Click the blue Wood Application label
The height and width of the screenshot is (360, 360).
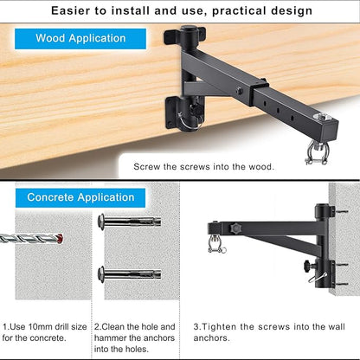(x=80, y=39)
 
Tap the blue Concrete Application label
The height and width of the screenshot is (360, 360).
(x=80, y=198)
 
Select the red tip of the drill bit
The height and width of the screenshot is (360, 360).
(x=60, y=239)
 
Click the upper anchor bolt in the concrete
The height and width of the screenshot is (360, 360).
(x=130, y=222)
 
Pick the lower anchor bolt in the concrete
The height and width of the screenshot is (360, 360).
(x=130, y=273)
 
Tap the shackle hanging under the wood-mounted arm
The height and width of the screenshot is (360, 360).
(x=317, y=153)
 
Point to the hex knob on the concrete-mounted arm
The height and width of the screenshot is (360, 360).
(x=235, y=228)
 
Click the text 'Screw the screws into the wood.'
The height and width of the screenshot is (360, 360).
(x=203, y=167)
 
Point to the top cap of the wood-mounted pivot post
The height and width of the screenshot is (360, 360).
(x=188, y=29)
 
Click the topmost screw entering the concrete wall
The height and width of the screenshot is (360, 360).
(x=342, y=212)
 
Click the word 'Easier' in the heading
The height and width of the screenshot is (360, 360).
(x=70, y=11)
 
